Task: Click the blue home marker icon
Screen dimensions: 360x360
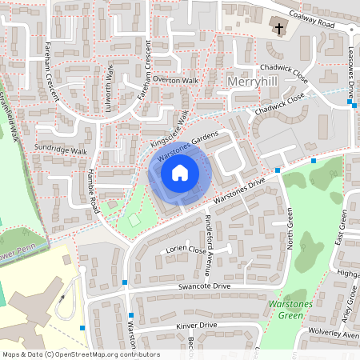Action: click(x=180, y=172)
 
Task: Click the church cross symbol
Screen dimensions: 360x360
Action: click(x=279, y=30)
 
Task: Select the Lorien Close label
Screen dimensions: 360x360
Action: click(x=186, y=250)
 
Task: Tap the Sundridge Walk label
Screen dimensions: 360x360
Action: click(x=60, y=150)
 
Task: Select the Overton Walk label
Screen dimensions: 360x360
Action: click(x=175, y=81)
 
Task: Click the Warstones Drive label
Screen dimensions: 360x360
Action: click(x=240, y=190)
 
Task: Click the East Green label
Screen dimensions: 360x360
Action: click(x=342, y=228)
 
